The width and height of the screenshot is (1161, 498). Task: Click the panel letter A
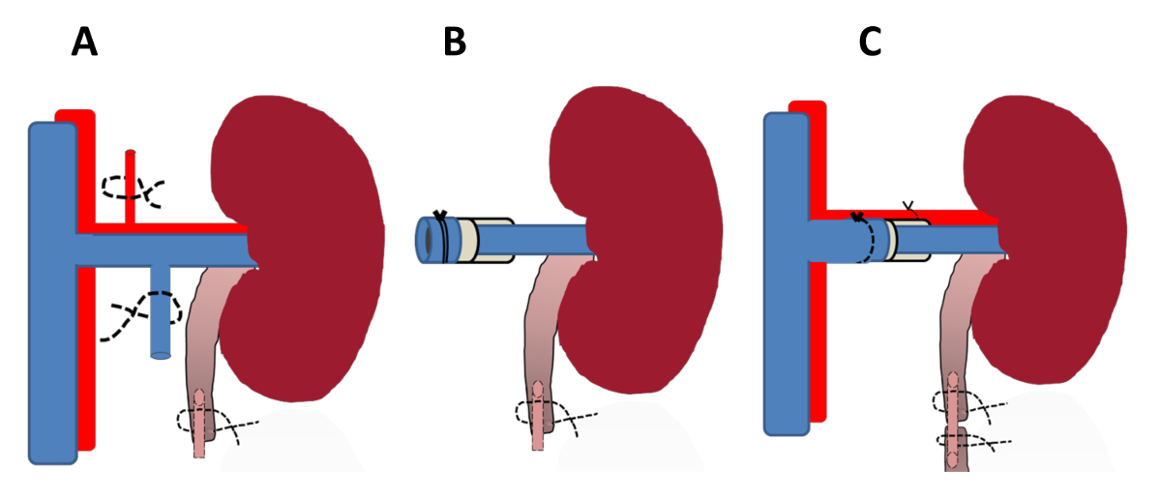(85, 43)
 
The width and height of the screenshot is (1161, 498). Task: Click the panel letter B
(455, 43)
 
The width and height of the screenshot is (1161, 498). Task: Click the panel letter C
(871, 43)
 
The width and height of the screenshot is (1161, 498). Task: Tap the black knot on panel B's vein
(439, 216)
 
